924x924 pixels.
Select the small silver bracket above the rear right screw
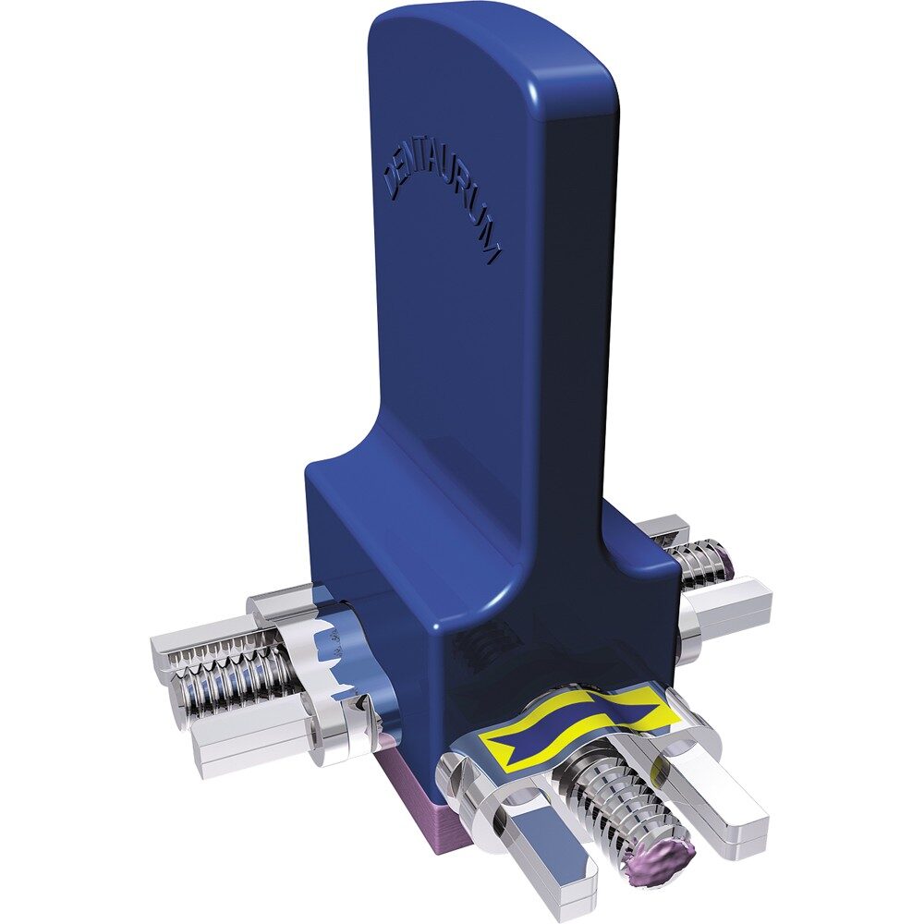(662, 532)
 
